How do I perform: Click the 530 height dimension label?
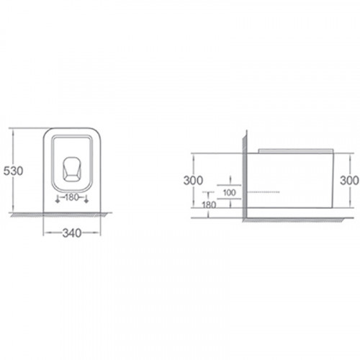[x=14, y=171]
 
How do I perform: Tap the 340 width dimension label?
[x=72, y=233]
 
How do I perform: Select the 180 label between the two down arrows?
[x=72, y=197]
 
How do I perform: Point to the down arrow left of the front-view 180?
[x=57, y=199]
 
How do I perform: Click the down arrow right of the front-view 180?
[x=86, y=199]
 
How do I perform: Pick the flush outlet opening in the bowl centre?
[x=72, y=168]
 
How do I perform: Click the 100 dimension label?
[x=230, y=192]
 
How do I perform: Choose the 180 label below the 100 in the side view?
[x=209, y=204]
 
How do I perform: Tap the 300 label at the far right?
[x=349, y=181]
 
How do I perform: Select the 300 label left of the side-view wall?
[x=193, y=181]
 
